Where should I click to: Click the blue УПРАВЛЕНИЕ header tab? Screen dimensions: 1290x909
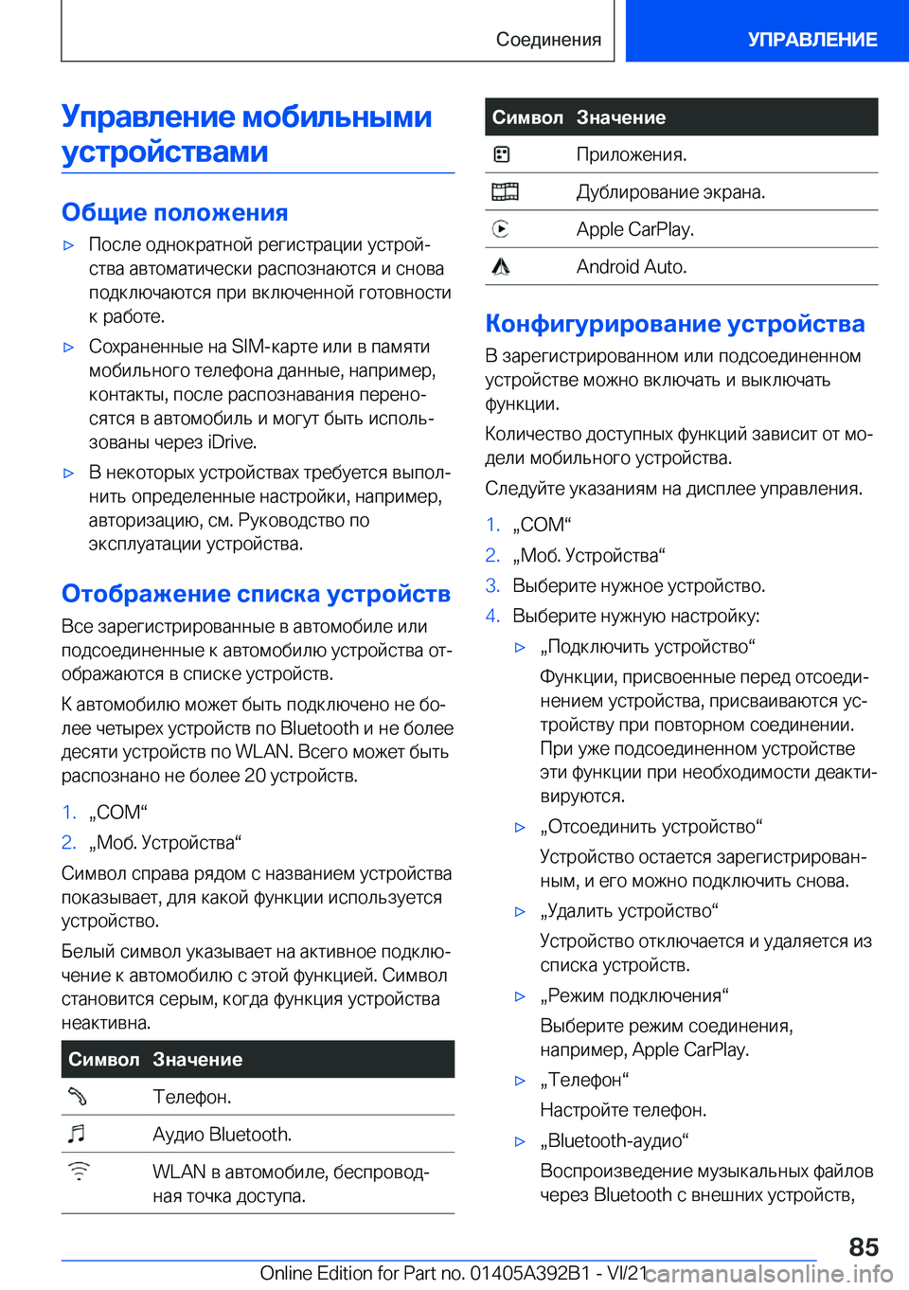811,40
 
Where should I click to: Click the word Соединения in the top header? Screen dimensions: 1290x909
548,40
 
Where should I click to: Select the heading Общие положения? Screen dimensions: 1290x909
175,212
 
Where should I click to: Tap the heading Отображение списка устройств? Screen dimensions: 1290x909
256,594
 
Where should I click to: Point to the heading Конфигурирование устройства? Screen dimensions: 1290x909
674,324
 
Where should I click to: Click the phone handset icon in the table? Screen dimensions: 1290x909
78,1097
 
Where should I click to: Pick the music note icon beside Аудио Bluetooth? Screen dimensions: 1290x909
78,1134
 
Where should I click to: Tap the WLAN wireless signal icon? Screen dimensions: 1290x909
79,1172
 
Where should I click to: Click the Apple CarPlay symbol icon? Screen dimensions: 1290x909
501,229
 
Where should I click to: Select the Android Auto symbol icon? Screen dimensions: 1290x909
501,267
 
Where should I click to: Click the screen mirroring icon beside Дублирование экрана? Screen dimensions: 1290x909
505,192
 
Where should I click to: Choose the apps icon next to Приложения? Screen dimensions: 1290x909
501,154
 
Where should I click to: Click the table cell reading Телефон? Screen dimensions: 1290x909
192,1097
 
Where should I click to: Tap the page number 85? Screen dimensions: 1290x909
863,1246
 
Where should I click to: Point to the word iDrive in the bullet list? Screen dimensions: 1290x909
232,442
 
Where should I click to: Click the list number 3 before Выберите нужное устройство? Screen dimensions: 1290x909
492,585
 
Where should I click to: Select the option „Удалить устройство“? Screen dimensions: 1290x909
629,911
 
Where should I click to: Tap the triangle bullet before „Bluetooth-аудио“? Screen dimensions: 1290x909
520,1141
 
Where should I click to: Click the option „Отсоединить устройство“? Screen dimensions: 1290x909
651,827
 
